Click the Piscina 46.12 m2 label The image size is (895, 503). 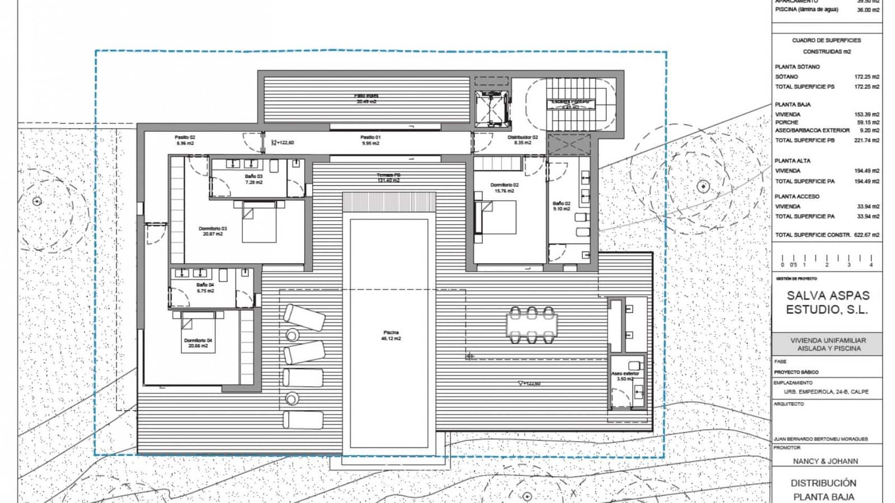pos(390,335)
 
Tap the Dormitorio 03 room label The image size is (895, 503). pos(213,231)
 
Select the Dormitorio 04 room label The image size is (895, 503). pos(198,343)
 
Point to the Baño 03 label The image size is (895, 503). pos(253,179)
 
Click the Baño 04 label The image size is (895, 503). pos(205,287)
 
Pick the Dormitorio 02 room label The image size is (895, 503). pos(504,188)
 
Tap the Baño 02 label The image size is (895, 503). pos(561,206)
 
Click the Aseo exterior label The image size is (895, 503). pos(625,376)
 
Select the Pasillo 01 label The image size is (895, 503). pos(370,140)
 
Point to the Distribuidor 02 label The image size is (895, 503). pos(522,140)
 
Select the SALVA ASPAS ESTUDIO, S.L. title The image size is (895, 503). pos(828,302)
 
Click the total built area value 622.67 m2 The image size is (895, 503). pos(866,235)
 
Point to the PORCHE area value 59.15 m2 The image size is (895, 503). pos(868,122)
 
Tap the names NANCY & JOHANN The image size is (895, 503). pos(825,461)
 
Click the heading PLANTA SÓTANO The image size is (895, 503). pos(797,67)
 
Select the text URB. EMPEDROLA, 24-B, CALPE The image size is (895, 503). pos(826,392)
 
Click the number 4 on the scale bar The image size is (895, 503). pos(871,265)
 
